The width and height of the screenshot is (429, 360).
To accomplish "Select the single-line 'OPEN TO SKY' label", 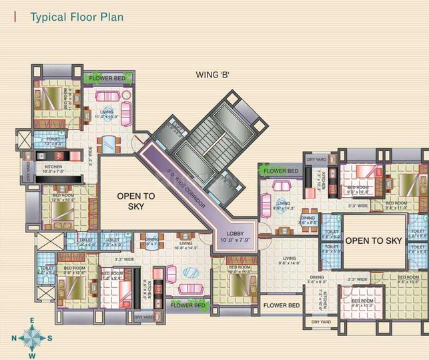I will [373, 240].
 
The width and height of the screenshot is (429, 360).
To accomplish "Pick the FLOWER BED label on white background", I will [280, 305].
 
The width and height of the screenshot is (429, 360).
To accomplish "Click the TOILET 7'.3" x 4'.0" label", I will [51, 142].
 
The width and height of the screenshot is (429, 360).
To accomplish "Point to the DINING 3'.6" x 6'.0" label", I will [308, 220].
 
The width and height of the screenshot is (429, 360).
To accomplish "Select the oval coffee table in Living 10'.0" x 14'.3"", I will [190, 272].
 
